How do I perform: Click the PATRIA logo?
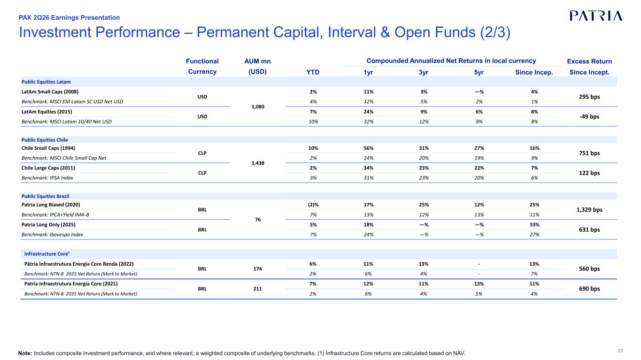[596, 16]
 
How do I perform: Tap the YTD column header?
[313, 72]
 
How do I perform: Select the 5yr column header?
[479, 72]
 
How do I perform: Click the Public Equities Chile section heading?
[45, 140]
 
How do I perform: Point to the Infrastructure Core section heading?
[47, 253]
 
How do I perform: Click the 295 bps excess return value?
[589, 97]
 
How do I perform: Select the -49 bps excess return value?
[589, 116]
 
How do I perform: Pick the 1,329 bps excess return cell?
[589, 210]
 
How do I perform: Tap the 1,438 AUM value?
[258, 163]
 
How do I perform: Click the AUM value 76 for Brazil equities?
[258, 220]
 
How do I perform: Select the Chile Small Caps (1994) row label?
[48, 148]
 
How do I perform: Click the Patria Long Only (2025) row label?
[48, 225]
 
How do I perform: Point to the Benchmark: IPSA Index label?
[47, 178]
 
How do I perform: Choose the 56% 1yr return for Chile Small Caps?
[369, 148]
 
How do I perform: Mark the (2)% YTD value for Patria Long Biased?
[313, 205]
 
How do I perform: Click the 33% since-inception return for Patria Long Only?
[534, 225]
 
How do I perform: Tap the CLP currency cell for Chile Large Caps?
[202, 173]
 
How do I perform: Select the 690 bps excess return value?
[589, 289]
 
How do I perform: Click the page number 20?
[620, 351]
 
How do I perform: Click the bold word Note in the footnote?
[25, 353]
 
